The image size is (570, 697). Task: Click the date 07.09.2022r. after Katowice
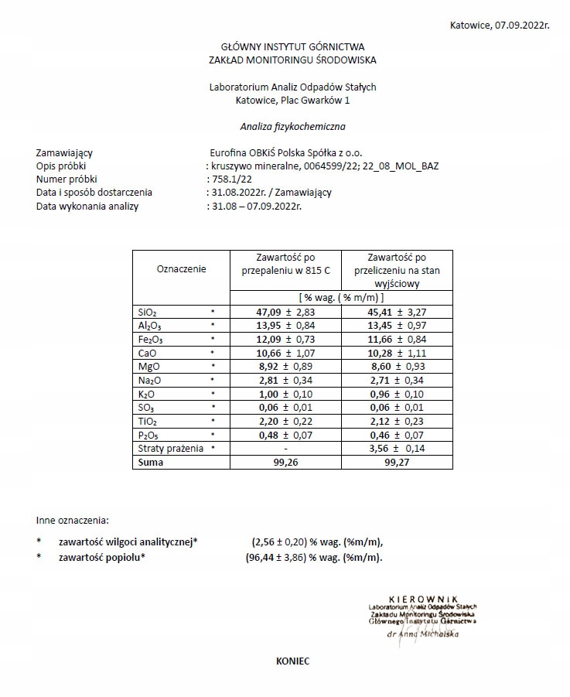point(522,26)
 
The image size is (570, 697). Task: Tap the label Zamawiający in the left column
point(64,153)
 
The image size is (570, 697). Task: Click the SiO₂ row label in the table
point(147,312)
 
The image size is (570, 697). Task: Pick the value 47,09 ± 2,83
point(285,312)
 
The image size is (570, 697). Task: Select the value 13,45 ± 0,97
point(397,325)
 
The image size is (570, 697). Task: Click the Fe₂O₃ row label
point(150,339)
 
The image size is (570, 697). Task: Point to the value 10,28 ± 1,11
point(397,353)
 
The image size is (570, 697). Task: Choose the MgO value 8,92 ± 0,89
point(285,366)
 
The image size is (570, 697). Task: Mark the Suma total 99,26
point(285,462)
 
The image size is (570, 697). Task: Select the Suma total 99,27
point(397,462)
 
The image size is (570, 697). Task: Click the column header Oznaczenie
point(181,269)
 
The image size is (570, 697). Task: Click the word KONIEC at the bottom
point(292,661)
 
